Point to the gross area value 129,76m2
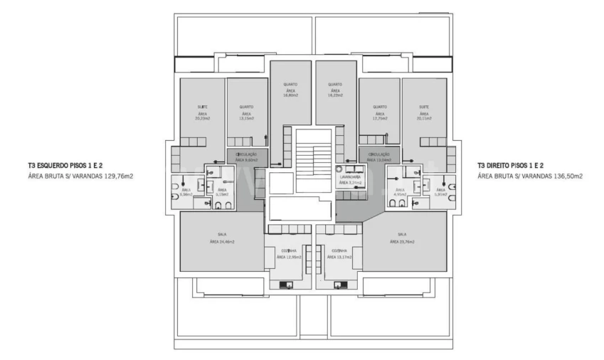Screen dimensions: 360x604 tap(117, 176)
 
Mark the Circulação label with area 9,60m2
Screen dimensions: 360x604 tap(246, 158)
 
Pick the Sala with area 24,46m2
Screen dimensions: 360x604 tap(222, 238)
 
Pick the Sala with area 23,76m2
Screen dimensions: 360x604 tap(402, 238)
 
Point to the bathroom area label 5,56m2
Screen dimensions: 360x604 tap(186, 194)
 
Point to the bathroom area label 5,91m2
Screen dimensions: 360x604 tap(440, 194)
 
